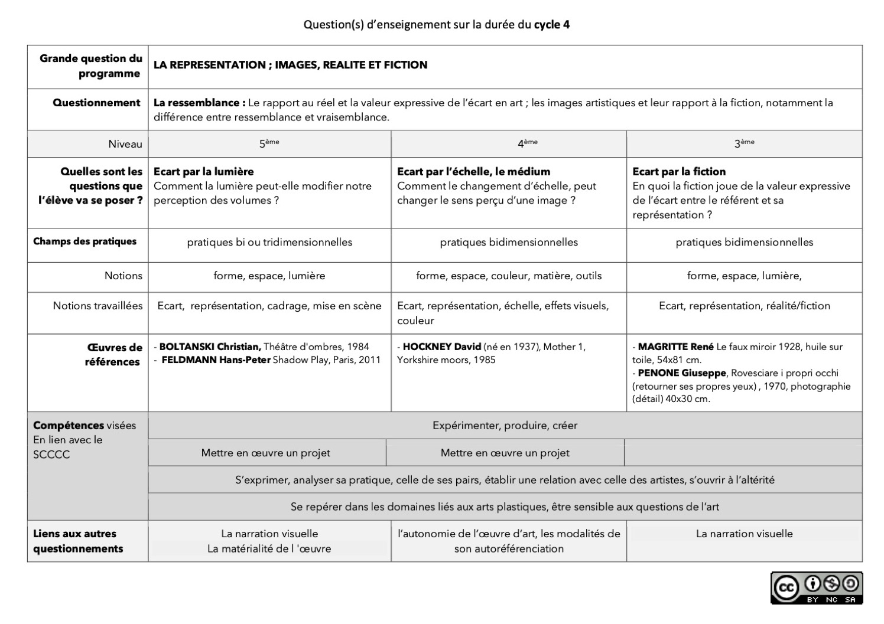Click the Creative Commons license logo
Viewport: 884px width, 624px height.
point(816,588)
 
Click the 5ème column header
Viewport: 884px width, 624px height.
point(269,143)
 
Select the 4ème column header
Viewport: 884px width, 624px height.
point(527,143)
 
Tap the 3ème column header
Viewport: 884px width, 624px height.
point(744,143)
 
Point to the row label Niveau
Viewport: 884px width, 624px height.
point(125,144)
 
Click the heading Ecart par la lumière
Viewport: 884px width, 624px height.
point(203,172)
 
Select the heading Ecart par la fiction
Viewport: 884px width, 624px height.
point(679,172)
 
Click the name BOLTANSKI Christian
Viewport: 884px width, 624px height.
point(210,347)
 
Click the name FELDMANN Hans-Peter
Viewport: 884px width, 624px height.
point(216,360)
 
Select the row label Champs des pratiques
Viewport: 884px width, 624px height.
point(84,241)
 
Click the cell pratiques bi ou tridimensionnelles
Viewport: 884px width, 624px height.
point(269,242)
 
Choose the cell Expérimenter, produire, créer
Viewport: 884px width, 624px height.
point(505,425)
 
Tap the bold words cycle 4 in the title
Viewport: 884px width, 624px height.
point(552,24)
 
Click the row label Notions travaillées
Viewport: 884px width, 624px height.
point(97,306)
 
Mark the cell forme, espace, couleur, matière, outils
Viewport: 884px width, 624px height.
point(509,276)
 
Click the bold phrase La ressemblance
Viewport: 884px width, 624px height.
point(199,103)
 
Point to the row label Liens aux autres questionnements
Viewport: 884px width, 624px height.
point(78,541)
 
